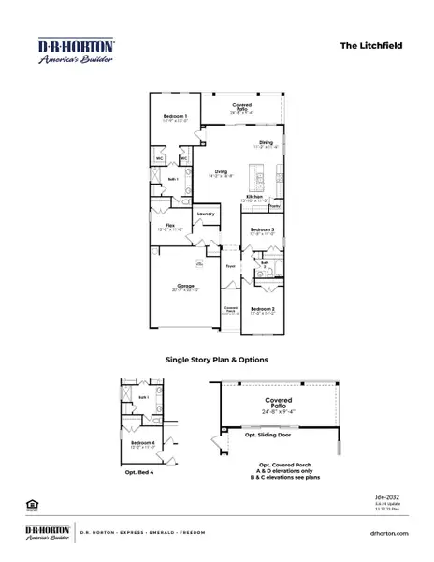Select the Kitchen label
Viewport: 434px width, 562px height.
tap(255, 197)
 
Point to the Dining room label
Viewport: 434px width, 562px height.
tap(266, 143)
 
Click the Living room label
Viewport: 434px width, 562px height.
tap(221, 172)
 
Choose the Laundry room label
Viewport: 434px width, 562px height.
tap(206, 214)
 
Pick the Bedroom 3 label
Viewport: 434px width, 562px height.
tap(262, 229)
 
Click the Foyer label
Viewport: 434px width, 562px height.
tap(229, 265)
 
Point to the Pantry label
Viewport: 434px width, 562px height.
tap(275, 204)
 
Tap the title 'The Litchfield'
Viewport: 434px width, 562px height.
tap(370, 43)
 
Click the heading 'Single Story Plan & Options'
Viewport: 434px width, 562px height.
tap(216, 359)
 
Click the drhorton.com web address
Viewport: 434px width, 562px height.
tap(388, 532)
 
